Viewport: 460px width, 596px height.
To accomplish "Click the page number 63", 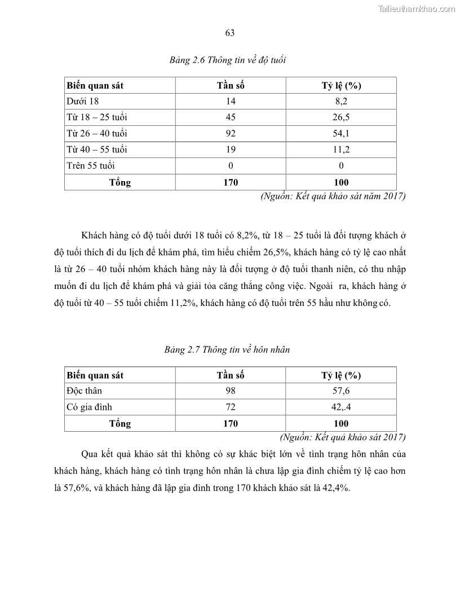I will tap(230, 33).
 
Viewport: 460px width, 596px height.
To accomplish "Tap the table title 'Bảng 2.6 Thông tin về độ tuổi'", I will tap(228, 60).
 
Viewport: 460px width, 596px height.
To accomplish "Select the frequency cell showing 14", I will tap(230, 102).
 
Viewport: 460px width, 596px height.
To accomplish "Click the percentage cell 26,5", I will tap(341, 117).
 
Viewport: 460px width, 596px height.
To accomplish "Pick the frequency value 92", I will tap(230, 134).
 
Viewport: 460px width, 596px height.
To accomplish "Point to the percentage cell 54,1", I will tap(341, 134).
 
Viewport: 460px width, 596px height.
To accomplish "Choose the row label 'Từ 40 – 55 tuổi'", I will tap(97, 150).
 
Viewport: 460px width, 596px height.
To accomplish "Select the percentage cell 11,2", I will tap(341, 150).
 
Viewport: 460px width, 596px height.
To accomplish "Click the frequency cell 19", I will tap(230, 150).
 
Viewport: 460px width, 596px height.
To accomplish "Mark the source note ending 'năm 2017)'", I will tap(333, 196).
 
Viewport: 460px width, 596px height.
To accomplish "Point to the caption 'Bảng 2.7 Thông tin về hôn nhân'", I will tap(227, 349).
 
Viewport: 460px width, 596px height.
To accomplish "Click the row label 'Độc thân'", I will tap(85, 391).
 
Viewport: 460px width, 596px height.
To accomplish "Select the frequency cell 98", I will tap(230, 391).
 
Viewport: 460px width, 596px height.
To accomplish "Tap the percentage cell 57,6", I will tap(341, 391).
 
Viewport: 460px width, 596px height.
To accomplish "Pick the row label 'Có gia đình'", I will tap(90, 407).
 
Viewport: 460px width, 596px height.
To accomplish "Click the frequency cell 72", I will tap(230, 407).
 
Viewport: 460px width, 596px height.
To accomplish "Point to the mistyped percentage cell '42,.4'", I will tap(341, 407).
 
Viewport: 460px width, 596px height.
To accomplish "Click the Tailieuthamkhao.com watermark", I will tap(417, 8).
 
